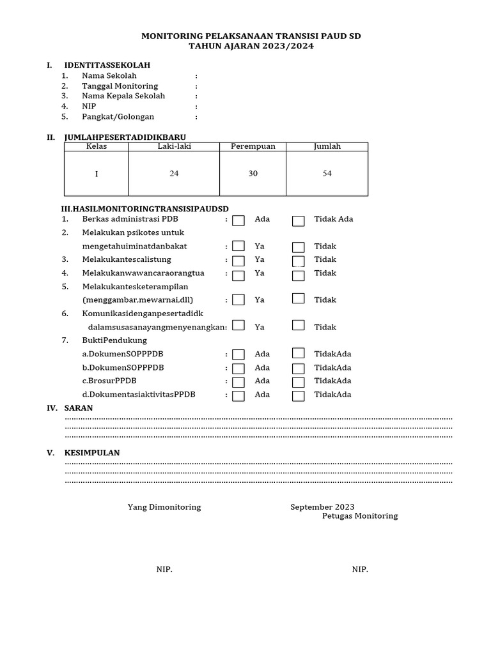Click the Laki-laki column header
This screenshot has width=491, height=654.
click(174, 146)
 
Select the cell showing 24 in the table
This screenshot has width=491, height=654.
click(174, 174)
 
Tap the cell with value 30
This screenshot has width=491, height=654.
click(253, 174)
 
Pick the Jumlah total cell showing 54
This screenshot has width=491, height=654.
click(327, 174)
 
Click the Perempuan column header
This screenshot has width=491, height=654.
click(253, 146)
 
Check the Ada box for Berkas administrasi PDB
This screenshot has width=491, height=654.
click(238, 220)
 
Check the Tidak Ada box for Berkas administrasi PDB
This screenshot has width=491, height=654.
click(298, 220)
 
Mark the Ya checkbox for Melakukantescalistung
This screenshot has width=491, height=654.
click(238, 261)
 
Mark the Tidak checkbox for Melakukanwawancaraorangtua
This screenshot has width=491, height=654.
click(298, 275)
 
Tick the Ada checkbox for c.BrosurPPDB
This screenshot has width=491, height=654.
click(238, 382)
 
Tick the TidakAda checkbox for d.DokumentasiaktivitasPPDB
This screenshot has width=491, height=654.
click(298, 395)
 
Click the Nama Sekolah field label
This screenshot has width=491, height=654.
click(109, 75)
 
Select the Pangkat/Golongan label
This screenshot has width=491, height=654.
click(118, 117)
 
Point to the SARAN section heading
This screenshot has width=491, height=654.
click(78, 407)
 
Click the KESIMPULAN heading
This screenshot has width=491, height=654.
click(92, 453)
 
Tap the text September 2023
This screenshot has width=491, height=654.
click(322, 506)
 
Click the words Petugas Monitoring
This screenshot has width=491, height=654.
click(359, 515)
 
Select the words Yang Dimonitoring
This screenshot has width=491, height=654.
click(164, 506)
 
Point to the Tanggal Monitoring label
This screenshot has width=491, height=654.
click(120, 86)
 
